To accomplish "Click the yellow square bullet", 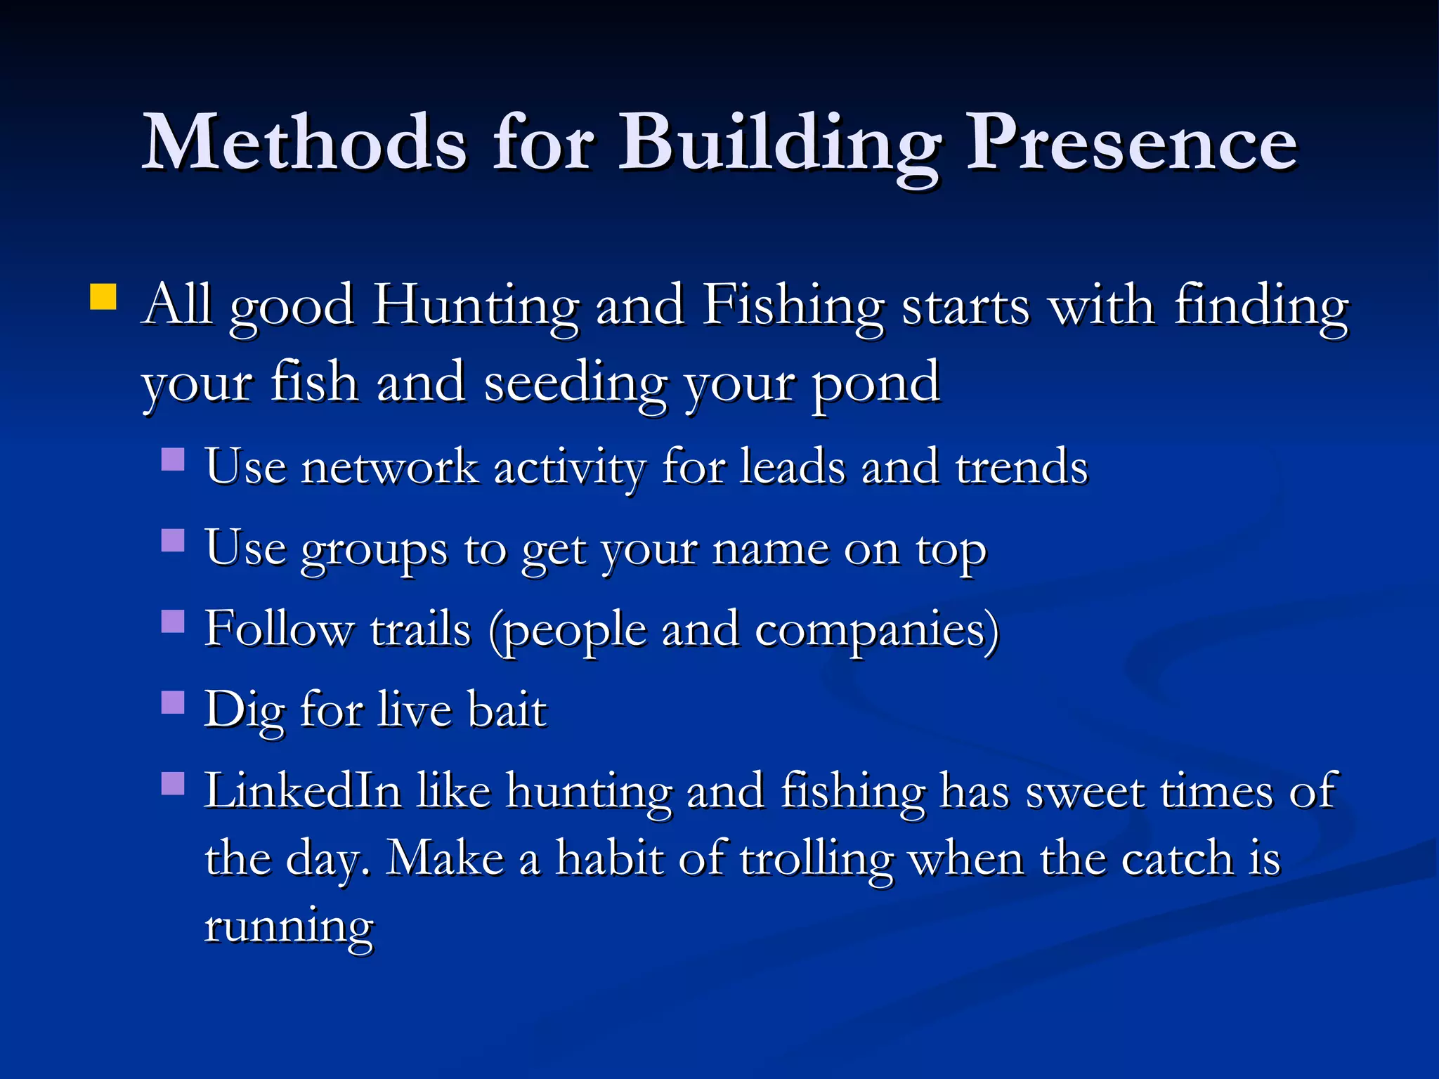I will pos(103,296).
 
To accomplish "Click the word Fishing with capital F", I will pos(793,306).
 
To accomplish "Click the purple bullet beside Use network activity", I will pos(173,459).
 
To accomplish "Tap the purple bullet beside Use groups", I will pos(173,540).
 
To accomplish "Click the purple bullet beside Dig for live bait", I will pos(173,702).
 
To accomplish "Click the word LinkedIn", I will pos(303,791).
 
